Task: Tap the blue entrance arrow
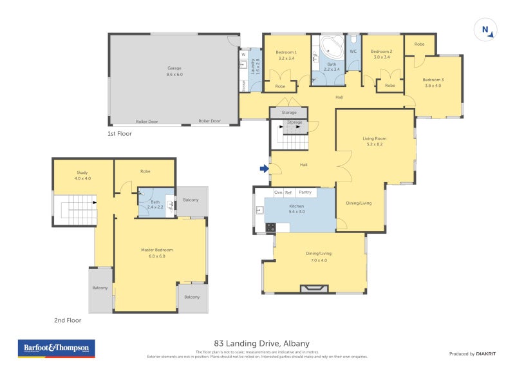[264, 169]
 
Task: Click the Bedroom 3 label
[433, 82]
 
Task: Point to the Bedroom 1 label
[286, 55]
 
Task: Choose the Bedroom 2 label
[381, 55]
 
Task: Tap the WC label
[353, 52]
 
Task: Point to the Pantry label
[305, 193]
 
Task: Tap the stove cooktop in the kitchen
[270, 227]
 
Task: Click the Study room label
[82, 175]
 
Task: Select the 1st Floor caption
[120, 134]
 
